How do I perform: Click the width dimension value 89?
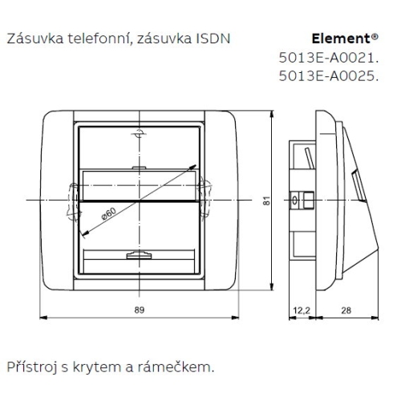(140, 309)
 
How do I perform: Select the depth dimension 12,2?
(301, 309)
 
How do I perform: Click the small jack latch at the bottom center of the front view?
(138, 256)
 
